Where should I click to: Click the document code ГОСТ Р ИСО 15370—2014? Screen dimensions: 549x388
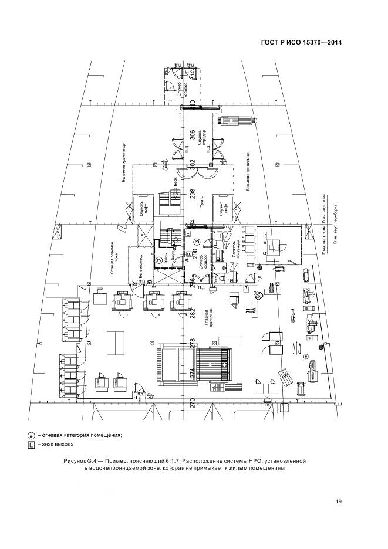pos(301,42)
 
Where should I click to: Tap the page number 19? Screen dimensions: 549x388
pos(339,501)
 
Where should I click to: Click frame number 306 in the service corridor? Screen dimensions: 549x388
pos(191,137)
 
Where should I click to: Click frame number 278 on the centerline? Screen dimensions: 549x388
pos(191,342)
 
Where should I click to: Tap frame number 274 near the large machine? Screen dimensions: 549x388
pos(191,372)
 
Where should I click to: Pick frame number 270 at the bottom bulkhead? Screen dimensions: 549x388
pos(191,403)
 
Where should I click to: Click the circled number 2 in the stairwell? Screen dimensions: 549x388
pos(158,260)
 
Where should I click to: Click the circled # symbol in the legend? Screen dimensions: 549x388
pos(31,435)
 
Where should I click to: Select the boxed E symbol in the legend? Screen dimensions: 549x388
pos(31,446)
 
